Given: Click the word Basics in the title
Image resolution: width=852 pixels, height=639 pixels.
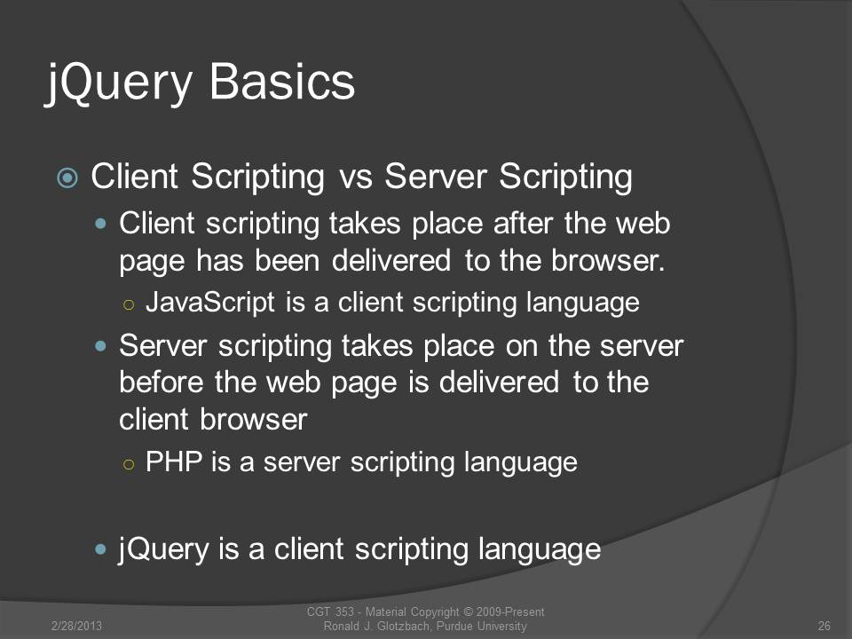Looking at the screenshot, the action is (282, 82).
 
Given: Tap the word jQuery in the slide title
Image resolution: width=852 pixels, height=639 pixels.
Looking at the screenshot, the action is (119, 84).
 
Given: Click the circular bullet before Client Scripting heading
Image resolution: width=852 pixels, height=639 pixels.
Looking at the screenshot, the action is (67, 177).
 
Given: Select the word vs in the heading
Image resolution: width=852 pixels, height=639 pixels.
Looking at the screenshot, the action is (356, 177).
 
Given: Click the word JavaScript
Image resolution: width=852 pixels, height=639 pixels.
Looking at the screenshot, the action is (210, 302).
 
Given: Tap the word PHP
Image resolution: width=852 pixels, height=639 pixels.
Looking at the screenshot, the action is (174, 461).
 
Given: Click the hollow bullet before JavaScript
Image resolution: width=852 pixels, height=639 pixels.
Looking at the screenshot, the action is (129, 304).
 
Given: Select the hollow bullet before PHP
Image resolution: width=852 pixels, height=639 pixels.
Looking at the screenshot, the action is (129, 464).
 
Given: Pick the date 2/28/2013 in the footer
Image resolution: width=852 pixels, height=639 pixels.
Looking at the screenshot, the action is (76, 626).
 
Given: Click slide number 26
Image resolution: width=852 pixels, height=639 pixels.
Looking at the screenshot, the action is (824, 626).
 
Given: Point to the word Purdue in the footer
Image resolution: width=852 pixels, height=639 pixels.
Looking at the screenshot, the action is (455, 626).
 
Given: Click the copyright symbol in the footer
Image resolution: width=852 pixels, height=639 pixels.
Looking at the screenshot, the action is (467, 612).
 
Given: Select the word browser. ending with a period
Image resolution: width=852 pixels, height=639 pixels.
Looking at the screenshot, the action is (608, 260).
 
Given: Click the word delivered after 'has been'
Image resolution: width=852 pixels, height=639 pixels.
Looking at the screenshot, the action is (391, 260).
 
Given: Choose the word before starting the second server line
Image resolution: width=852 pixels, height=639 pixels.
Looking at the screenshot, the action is (162, 382).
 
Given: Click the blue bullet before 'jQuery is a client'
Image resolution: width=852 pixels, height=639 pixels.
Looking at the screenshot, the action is (100, 549).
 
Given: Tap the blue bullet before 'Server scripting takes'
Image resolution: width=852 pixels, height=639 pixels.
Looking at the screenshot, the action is (100, 346).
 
